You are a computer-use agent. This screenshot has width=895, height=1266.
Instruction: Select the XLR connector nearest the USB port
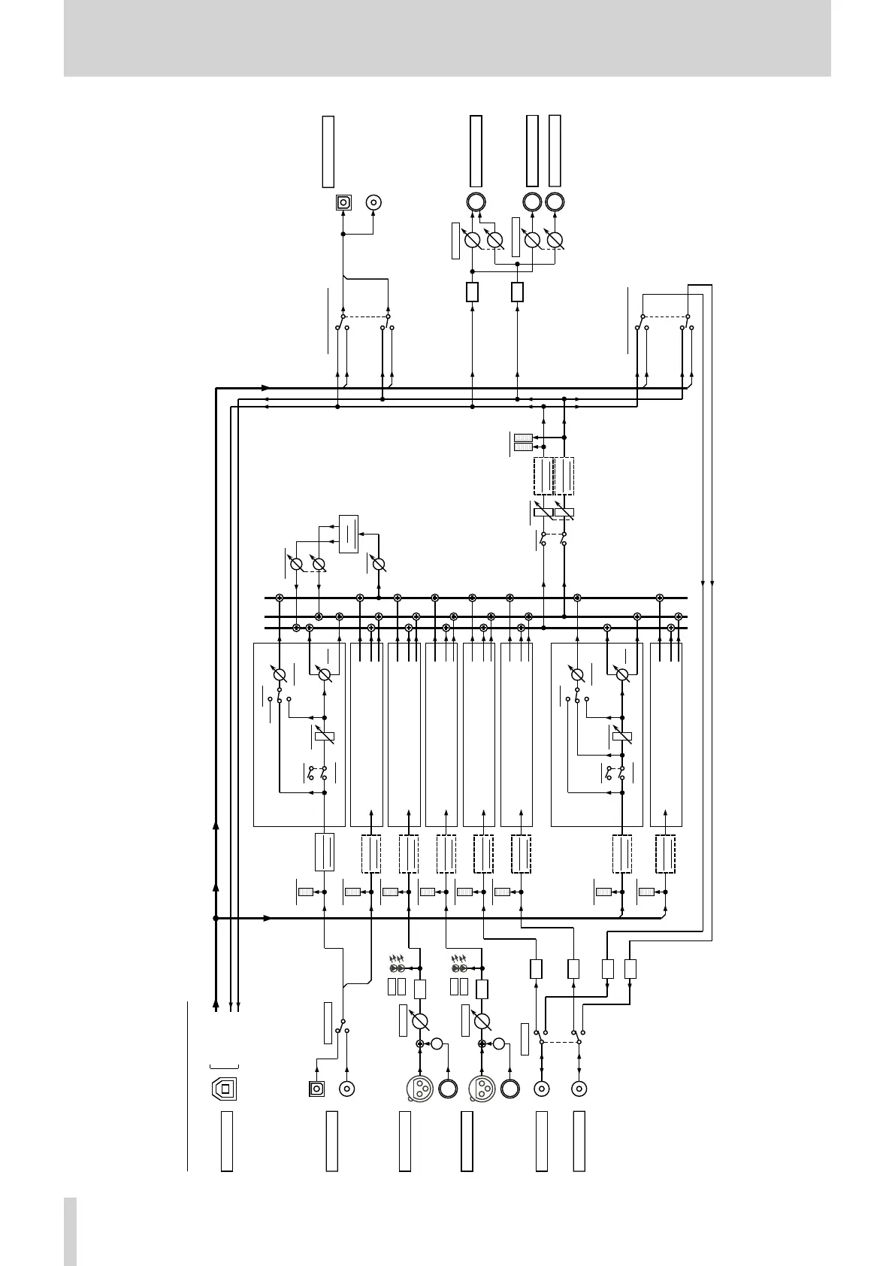pos(418,1089)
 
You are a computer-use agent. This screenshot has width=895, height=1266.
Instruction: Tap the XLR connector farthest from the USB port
pos(480,1089)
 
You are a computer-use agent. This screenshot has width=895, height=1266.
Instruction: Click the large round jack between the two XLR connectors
pos(449,1089)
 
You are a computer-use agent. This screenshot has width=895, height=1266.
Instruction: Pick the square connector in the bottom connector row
pos(316,1088)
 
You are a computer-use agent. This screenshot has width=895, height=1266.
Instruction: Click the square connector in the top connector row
pos(343,202)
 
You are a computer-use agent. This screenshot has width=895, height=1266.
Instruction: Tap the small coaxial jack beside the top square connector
pos(374,202)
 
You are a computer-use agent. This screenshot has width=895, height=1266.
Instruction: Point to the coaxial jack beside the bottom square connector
pos(347,1088)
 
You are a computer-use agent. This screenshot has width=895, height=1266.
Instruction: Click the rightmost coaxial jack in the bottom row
pos(579,1088)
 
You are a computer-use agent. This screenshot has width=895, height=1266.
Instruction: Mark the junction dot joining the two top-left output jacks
pos(343,235)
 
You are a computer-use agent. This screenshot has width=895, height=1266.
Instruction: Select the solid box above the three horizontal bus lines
pos(349,534)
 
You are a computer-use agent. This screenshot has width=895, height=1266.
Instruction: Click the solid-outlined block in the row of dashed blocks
pos(324,852)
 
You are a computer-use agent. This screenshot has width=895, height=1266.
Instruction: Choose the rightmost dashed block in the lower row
pos(665,854)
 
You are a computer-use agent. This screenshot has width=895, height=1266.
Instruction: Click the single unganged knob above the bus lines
pos(379,564)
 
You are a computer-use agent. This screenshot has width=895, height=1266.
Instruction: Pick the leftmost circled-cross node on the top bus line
pos(280,598)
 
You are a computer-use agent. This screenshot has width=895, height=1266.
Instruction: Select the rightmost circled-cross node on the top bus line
pos(660,598)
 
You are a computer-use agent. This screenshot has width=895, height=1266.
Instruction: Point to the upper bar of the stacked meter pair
pos(523,438)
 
